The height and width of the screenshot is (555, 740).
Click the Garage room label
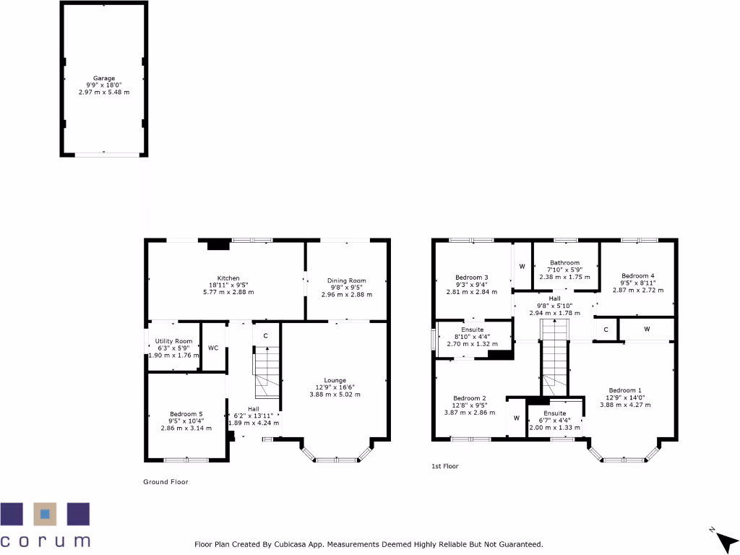103,78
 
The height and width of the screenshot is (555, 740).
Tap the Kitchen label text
228,278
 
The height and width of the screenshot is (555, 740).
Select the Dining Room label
347,280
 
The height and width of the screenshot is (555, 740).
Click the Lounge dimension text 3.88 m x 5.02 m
335,395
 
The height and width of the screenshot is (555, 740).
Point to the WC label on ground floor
213,348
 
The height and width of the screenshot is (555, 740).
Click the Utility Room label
173,341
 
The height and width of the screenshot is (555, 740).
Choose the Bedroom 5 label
186,413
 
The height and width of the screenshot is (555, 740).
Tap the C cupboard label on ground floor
266,336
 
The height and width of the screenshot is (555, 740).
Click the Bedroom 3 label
472,277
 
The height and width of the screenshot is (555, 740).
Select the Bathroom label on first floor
564,263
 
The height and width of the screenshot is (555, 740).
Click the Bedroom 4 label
638,275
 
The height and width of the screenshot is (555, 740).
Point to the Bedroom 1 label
625,390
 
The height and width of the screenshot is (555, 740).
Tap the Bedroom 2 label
470,398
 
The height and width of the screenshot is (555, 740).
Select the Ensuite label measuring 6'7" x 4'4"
555,413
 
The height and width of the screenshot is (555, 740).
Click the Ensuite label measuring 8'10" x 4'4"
473,330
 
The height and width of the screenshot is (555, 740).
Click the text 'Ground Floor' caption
165,482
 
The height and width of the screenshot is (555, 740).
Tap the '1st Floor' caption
444,467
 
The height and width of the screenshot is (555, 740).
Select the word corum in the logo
45,541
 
